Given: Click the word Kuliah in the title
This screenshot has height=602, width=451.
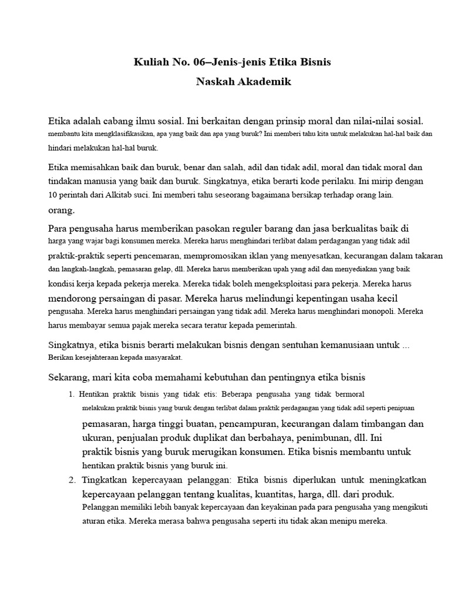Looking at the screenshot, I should click(x=150, y=62).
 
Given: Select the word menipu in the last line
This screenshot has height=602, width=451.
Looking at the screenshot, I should click(x=350, y=521).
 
